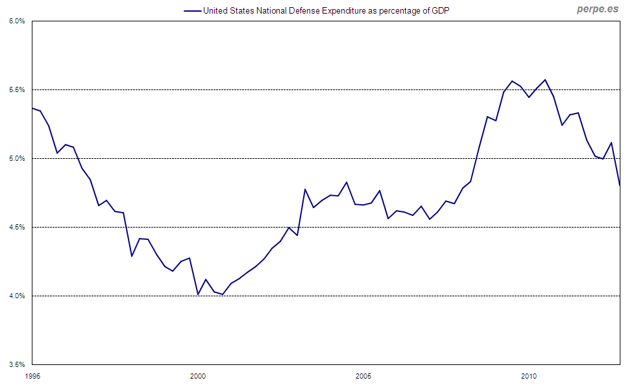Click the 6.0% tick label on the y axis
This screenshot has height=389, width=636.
point(17,21)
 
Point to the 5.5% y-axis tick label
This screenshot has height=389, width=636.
point(17,89)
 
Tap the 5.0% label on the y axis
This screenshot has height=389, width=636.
point(17,158)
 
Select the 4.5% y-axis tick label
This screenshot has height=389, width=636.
point(17,227)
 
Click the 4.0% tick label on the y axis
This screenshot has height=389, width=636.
point(17,296)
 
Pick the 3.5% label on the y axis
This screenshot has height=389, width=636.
point(17,364)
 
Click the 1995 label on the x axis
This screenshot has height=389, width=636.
point(32,376)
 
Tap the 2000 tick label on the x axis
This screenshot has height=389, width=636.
point(198,376)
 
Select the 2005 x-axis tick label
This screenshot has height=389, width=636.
point(363,376)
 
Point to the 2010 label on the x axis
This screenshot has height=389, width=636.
point(529,376)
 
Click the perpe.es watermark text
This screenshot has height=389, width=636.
point(598,10)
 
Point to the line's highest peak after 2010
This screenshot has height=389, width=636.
point(545,80)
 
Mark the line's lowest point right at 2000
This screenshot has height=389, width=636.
point(198,294)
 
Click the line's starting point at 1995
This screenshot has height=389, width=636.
point(32,108)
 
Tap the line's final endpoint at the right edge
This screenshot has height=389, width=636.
point(620,185)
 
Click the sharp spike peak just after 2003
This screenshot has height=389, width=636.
point(305,189)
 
